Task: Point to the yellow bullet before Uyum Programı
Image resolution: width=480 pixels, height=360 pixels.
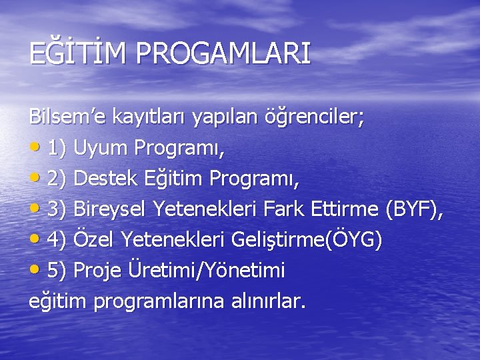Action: [35, 148]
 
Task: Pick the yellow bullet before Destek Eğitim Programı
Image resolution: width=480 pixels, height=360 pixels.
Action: [35, 179]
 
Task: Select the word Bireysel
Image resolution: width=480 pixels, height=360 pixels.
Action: [110, 209]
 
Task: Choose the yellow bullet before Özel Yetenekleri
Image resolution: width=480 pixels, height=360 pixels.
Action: [35, 240]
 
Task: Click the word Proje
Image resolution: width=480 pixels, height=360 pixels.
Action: [97, 270]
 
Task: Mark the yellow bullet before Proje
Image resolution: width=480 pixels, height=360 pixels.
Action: [35, 271]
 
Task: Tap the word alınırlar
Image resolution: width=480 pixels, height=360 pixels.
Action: [267, 301]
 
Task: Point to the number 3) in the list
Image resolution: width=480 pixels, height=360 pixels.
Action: [56, 209]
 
